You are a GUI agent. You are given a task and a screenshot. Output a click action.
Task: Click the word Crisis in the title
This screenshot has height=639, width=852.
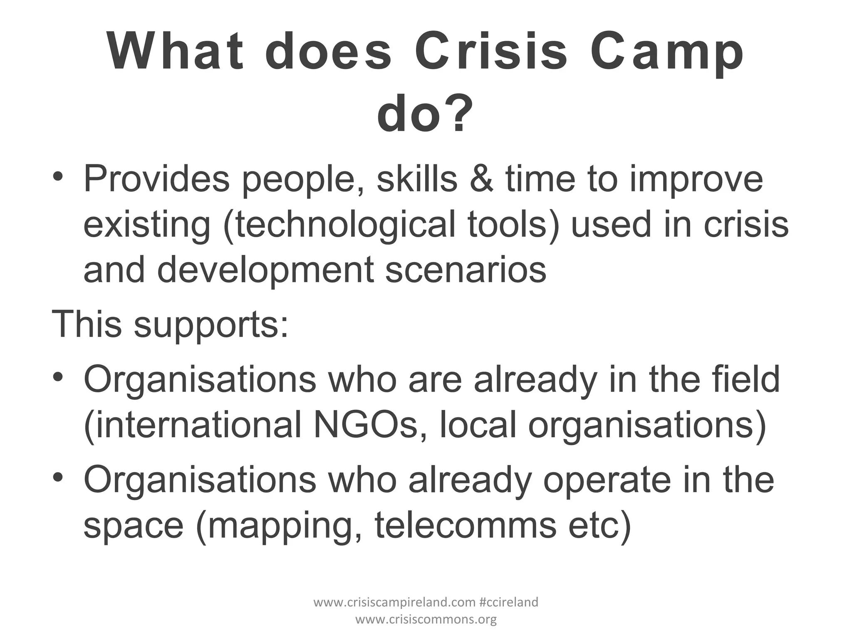(491, 53)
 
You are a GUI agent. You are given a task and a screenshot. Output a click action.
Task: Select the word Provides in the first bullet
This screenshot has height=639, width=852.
(156, 179)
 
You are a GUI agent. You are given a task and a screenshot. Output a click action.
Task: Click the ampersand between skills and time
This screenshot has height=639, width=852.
(481, 179)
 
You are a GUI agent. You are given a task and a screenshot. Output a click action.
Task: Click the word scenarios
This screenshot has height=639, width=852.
(466, 270)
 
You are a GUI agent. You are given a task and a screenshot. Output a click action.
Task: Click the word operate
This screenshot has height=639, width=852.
(607, 480)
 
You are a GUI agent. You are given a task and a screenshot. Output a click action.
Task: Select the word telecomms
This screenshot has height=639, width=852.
(466, 525)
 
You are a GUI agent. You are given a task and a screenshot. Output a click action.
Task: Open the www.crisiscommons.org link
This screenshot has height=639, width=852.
(426, 619)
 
